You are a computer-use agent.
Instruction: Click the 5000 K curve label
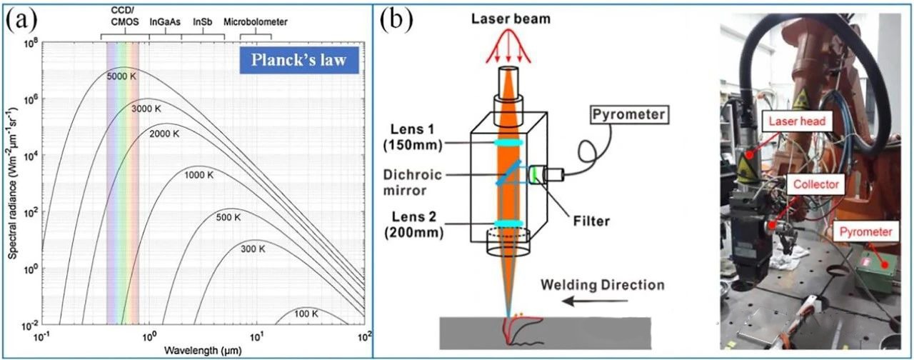121,76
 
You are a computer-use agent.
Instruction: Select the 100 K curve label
305,314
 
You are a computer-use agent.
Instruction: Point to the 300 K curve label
252,249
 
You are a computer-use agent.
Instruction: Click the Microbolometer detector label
256,22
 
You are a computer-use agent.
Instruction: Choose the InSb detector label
203,22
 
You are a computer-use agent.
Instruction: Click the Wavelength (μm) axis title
201,351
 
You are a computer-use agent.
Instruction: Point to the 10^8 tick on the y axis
30,43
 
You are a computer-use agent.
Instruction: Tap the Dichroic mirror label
419,182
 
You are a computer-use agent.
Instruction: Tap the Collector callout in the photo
816,184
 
